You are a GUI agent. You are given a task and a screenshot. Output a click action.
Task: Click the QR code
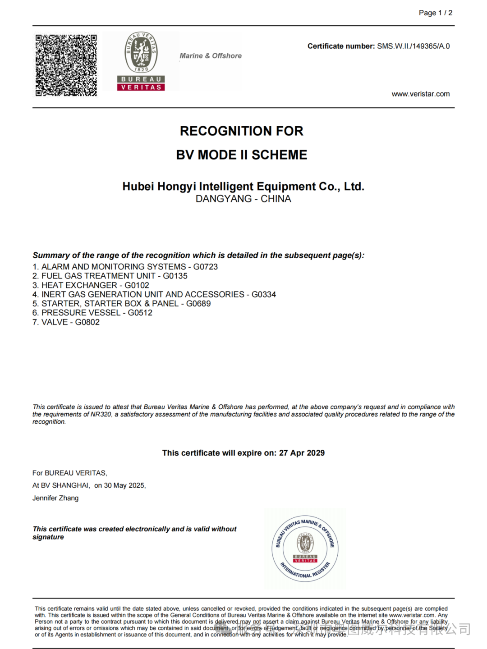click(x=66, y=65)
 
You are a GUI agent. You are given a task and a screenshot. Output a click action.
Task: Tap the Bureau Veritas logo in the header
click(x=141, y=61)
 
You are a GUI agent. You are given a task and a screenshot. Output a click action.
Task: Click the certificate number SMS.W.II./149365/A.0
click(x=413, y=46)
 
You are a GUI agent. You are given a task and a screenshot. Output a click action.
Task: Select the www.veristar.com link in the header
click(x=420, y=94)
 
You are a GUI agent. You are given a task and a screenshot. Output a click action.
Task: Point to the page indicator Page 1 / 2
click(x=435, y=13)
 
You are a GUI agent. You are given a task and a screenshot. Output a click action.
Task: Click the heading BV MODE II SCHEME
click(x=242, y=155)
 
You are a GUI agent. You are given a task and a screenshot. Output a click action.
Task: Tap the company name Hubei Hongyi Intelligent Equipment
click(x=243, y=186)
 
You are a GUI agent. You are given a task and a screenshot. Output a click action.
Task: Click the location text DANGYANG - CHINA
click(x=243, y=199)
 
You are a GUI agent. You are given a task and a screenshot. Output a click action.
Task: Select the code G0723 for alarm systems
click(x=205, y=267)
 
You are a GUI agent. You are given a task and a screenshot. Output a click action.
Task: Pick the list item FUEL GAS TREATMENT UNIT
click(x=98, y=276)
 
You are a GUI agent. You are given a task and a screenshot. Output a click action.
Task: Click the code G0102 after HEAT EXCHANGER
click(x=137, y=285)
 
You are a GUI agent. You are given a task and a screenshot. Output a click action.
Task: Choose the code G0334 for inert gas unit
click(x=263, y=294)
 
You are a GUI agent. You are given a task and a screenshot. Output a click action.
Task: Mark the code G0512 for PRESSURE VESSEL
click(x=140, y=313)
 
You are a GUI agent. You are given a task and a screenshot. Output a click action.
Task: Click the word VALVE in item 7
click(x=55, y=322)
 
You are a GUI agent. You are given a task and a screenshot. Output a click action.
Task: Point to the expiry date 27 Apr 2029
click(x=302, y=453)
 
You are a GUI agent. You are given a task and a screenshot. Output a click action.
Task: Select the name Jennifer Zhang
click(x=55, y=498)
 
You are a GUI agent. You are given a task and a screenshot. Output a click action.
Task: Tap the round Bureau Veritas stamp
click(x=305, y=548)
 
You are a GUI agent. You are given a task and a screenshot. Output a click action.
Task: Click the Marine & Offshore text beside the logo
click(x=211, y=56)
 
